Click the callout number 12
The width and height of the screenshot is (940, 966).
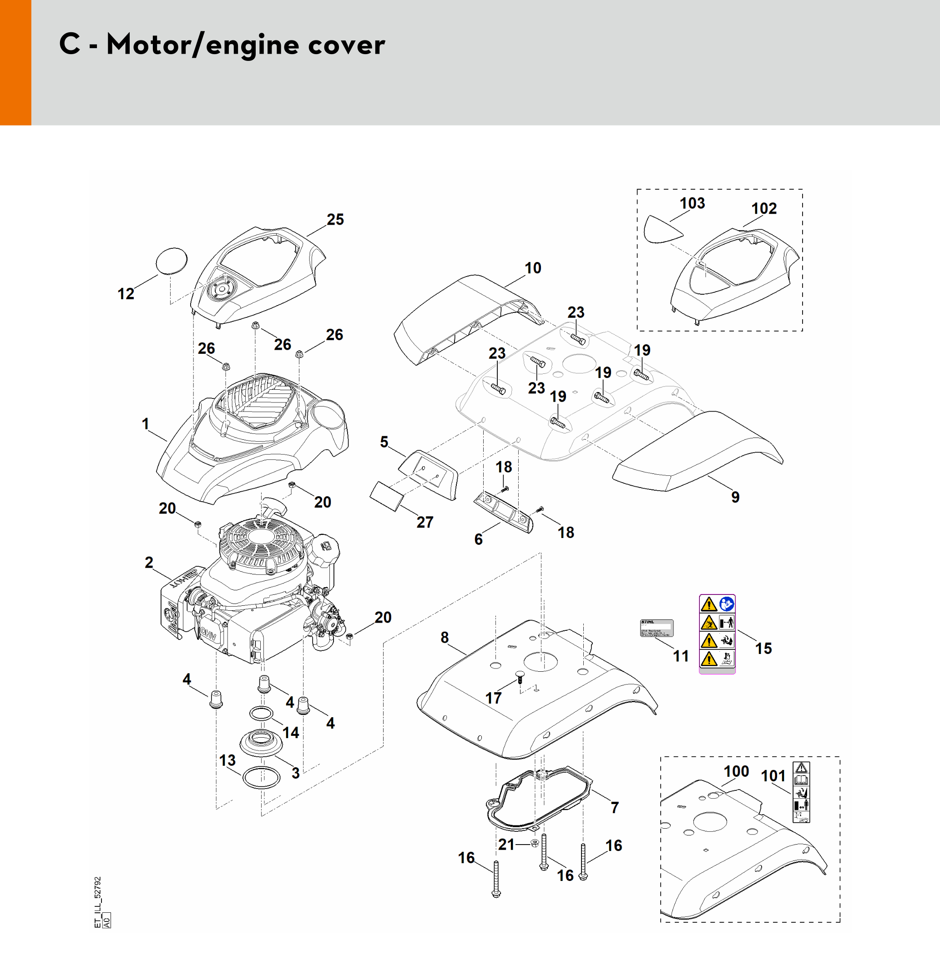[126, 294]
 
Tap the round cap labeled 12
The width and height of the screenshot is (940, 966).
[172, 260]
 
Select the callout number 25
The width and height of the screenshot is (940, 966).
[335, 219]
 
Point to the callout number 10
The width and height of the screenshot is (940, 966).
[533, 268]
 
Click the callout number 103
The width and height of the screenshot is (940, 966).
[692, 203]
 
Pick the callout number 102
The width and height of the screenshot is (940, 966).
[764, 208]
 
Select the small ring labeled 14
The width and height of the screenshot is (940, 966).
[261, 714]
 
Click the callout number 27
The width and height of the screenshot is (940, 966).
[425, 522]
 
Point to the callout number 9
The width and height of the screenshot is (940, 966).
[735, 497]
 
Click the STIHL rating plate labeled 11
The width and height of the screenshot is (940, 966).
[657, 629]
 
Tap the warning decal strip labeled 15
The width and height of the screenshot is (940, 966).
[717, 634]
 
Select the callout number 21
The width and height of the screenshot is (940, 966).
[506, 845]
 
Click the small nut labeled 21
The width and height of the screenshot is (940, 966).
[534, 844]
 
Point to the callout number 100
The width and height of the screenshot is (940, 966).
[736, 771]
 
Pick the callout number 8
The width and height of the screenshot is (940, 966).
[445, 637]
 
